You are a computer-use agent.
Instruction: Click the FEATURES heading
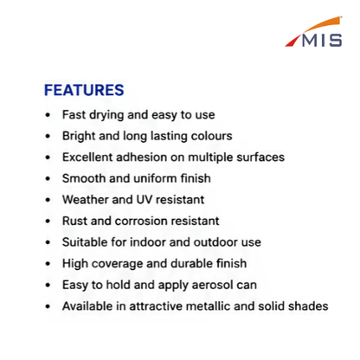[84, 90]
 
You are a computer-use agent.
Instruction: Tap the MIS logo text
[322, 41]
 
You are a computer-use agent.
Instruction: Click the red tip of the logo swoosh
[292, 42]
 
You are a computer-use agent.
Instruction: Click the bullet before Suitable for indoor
[48, 242]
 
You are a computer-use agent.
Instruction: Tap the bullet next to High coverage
[48, 264]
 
